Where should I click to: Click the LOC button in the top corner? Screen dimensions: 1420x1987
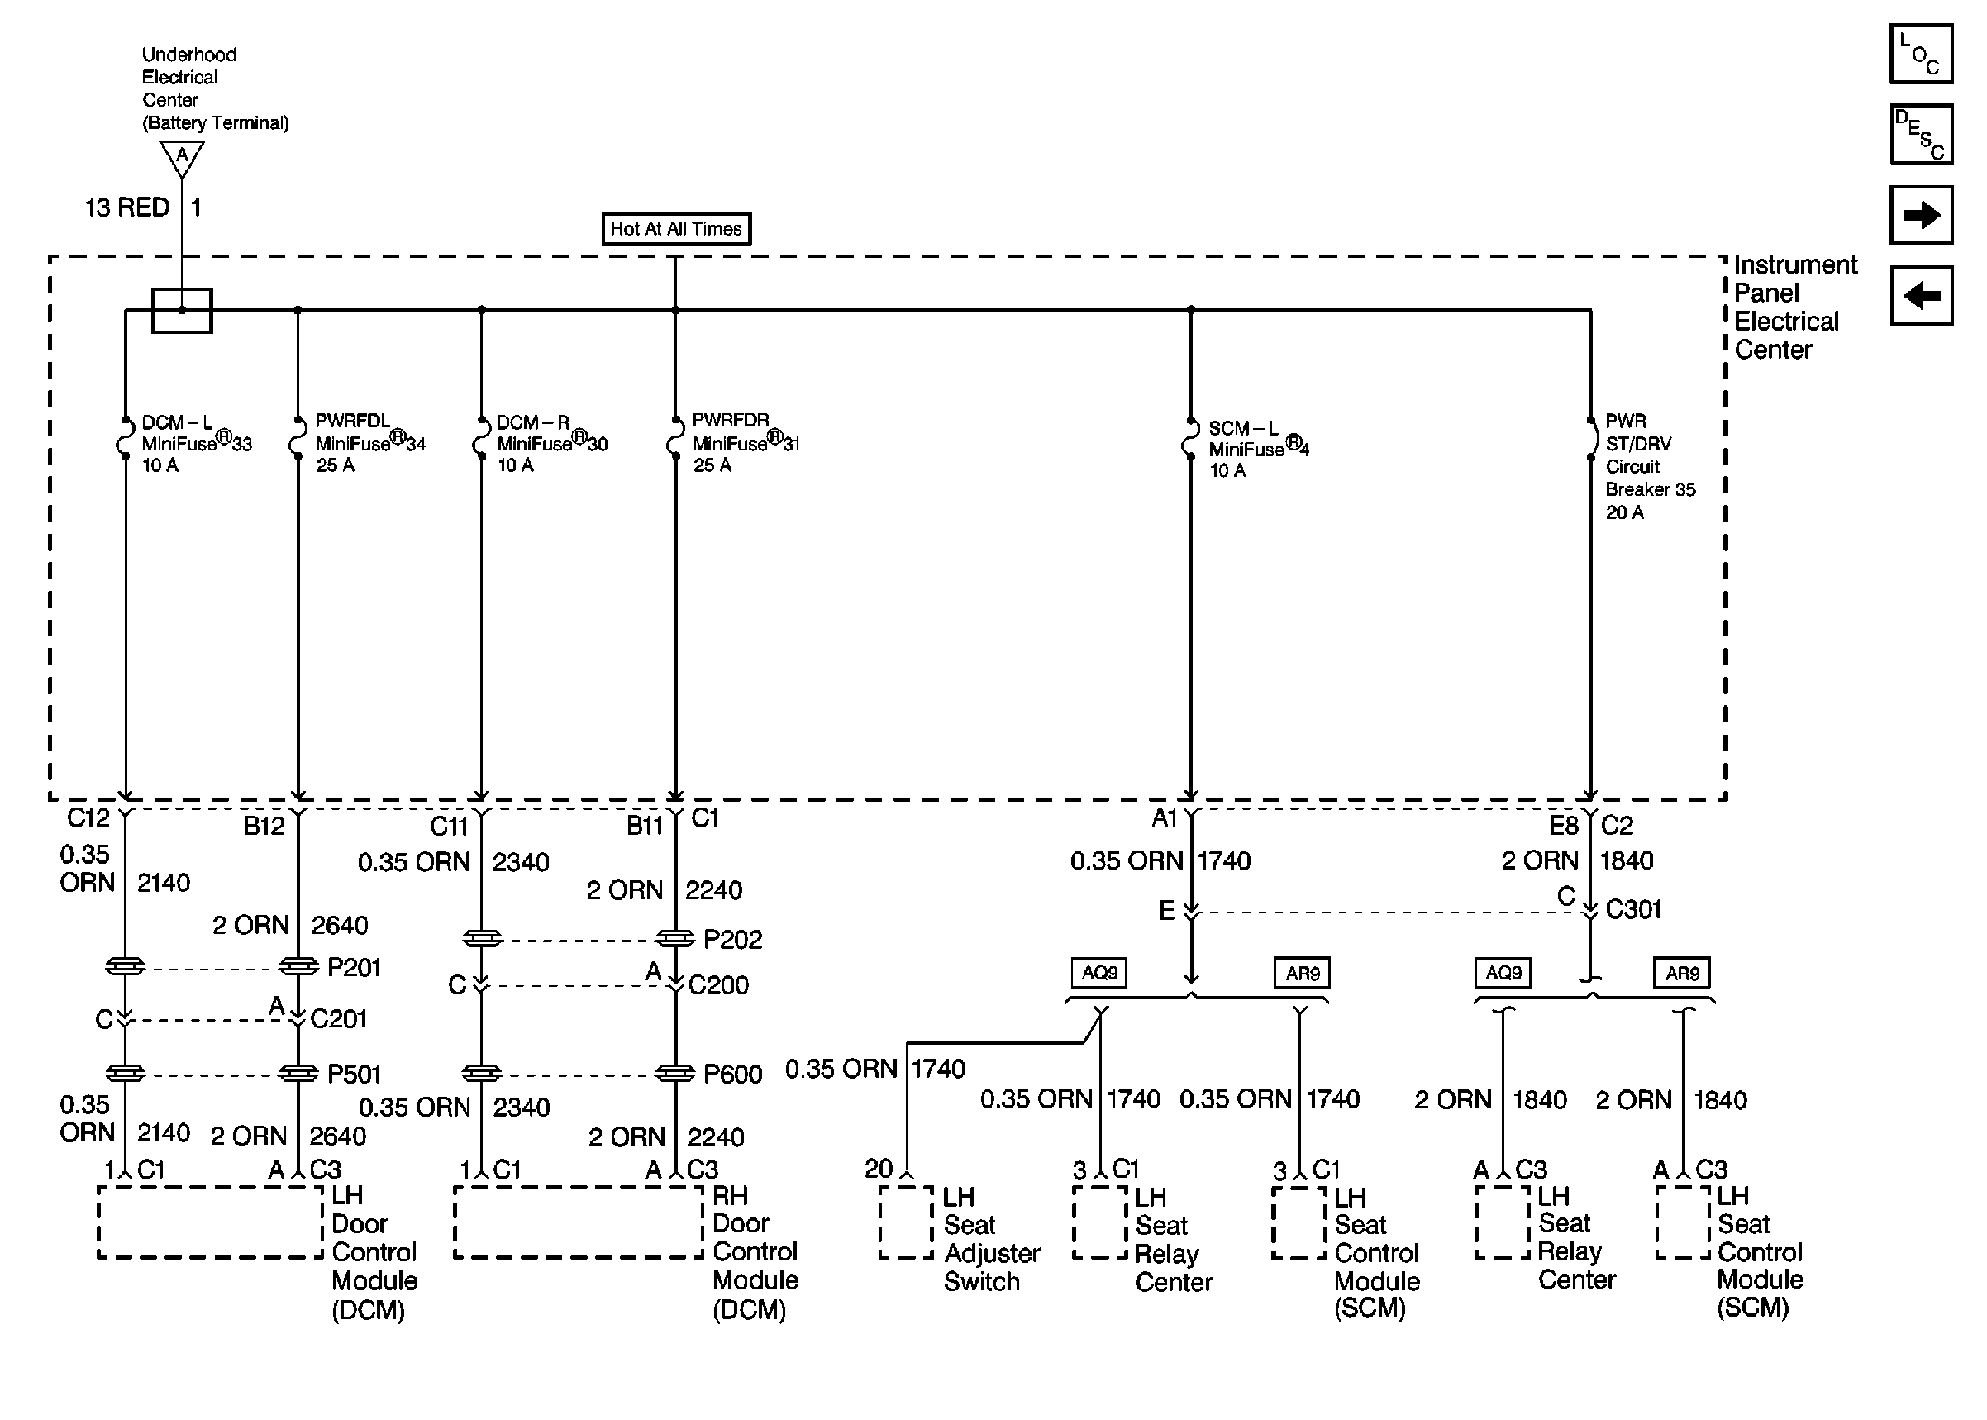point(1921,55)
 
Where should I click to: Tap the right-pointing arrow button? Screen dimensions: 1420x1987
point(1921,215)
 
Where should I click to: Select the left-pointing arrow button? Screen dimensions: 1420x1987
point(1921,296)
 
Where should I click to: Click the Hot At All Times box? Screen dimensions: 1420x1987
point(676,229)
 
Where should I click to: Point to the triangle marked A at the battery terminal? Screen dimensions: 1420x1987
point(182,157)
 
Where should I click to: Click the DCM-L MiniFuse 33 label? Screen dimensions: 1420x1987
point(196,444)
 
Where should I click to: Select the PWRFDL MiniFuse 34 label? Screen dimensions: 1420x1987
point(369,443)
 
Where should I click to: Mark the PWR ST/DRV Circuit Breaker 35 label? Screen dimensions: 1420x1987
point(1649,466)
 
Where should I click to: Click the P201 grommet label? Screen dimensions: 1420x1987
point(354,967)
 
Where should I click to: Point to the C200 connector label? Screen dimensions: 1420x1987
point(718,985)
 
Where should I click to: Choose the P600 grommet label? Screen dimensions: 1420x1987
point(732,1074)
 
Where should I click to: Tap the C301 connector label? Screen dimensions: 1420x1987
point(1633,909)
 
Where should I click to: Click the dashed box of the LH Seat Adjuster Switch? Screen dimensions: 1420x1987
point(906,1222)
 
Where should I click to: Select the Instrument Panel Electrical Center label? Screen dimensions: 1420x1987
point(1794,307)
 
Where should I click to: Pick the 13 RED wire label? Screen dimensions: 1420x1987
point(126,208)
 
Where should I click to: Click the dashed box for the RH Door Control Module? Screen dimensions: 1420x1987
point(578,1222)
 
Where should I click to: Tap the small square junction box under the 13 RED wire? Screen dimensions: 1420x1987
point(182,311)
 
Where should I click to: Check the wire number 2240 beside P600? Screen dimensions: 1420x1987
point(715,1136)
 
